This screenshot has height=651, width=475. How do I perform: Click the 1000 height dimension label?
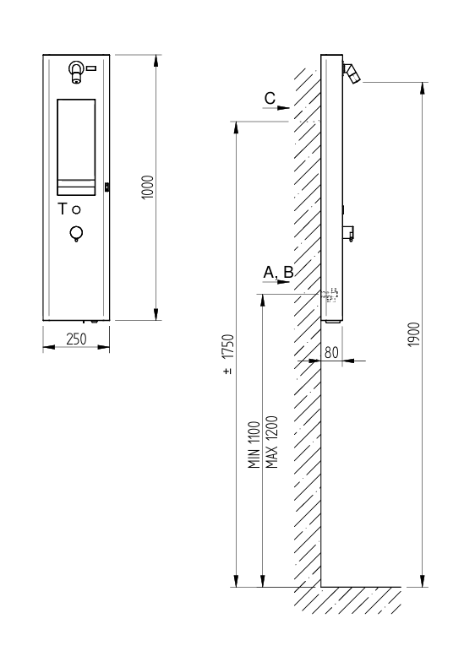pos(148,187)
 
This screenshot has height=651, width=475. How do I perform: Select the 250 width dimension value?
pos(76,339)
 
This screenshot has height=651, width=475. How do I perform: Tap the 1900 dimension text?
pos(414,334)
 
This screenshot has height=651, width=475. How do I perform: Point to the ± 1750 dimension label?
pos(228,354)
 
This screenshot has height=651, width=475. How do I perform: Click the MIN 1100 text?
pos(254,445)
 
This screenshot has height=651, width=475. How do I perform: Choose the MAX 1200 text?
pos(271,442)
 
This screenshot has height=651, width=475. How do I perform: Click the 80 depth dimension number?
pos(331,352)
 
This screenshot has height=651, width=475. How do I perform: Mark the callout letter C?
pos(270,99)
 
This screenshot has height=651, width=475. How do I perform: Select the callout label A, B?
pos(278,273)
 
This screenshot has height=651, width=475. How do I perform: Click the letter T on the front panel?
pos(62,209)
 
